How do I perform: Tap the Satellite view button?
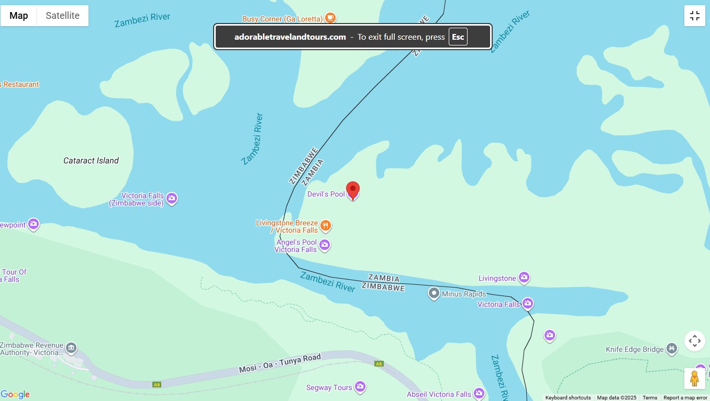tap(62, 16)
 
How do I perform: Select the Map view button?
tap(19, 16)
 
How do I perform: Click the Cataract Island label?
tap(91, 161)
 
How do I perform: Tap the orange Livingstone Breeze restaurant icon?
tap(326, 226)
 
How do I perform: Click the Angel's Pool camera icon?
tap(325, 245)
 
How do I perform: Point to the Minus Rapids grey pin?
tap(434, 293)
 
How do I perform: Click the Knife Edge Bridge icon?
tap(672, 349)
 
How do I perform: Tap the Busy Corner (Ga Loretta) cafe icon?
tap(330, 18)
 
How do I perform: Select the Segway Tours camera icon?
tap(360, 387)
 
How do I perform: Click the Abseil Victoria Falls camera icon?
tap(479, 393)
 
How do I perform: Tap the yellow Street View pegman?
tap(694, 378)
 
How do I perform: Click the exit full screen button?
tap(695, 16)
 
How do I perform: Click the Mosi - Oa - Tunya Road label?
tap(280, 363)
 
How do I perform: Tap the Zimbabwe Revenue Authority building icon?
tap(71, 347)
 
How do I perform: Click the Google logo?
tap(15, 395)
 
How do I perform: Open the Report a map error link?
tap(685, 398)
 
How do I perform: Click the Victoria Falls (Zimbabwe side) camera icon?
tap(172, 199)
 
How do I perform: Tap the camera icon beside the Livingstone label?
tap(524, 278)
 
